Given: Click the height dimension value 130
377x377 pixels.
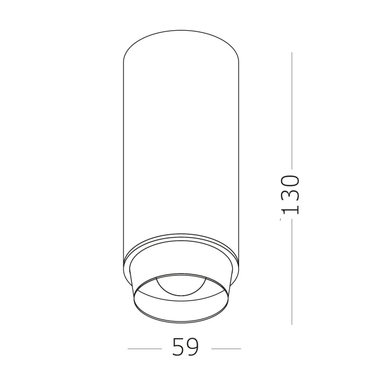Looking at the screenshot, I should click(x=290, y=195).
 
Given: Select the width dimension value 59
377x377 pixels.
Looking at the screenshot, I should click(x=186, y=348).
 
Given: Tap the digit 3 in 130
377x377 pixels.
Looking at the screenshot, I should click(x=290, y=195).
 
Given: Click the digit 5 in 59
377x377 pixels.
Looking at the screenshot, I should click(x=178, y=348).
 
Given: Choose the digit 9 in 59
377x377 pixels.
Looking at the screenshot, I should click(x=193, y=348).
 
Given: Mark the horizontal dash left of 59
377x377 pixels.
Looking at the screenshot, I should click(x=144, y=348).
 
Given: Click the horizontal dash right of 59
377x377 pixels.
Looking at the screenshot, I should click(x=226, y=348).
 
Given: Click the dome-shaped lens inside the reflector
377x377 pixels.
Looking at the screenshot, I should click(x=181, y=285).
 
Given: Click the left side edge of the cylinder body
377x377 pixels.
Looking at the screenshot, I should click(x=124, y=162).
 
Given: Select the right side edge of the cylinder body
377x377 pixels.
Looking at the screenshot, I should click(x=238, y=162).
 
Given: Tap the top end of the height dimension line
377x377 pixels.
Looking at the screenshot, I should click(x=292, y=53).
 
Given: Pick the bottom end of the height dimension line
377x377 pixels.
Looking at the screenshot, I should click(x=292, y=324).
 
